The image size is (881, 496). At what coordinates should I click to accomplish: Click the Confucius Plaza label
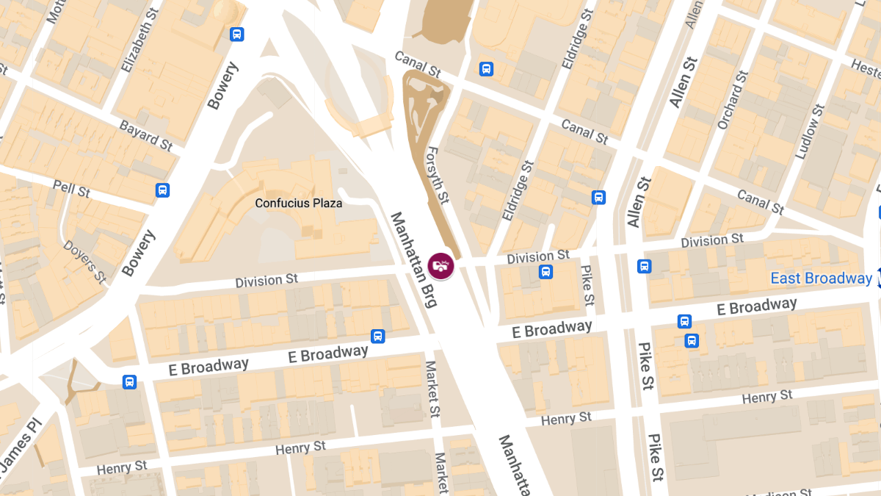(298, 203)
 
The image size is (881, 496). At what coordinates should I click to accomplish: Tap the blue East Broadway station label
(821, 278)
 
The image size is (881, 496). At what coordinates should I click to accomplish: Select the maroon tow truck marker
(440, 265)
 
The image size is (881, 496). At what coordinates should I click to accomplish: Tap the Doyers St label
(84, 261)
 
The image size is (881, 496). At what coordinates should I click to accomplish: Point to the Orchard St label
(732, 100)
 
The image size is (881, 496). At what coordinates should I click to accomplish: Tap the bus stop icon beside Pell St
(163, 190)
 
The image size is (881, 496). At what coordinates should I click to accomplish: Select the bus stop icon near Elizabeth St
(236, 34)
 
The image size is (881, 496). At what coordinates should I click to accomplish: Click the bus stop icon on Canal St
(485, 69)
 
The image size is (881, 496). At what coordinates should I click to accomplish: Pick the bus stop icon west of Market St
(377, 336)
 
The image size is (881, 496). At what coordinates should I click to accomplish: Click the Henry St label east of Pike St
(767, 397)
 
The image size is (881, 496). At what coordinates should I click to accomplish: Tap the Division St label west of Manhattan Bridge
(267, 280)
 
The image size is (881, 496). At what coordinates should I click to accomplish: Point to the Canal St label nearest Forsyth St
(417, 65)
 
